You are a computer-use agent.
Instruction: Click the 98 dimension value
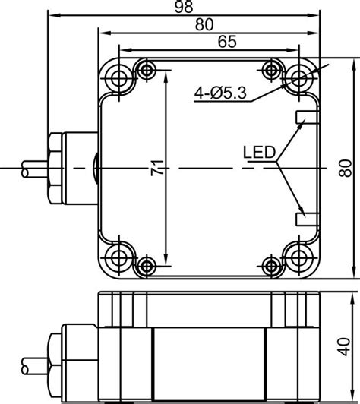[x=184, y=7]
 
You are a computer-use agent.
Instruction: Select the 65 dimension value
[x=227, y=42]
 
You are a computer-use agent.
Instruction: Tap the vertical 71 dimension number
[x=157, y=168]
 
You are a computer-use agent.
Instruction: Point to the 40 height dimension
[x=345, y=347]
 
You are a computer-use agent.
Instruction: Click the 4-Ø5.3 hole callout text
[x=220, y=93]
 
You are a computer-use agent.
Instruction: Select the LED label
[x=259, y=153]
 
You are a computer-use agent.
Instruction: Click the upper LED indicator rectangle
[x=308, y=117]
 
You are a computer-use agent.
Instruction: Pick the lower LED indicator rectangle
[x=308, y=219]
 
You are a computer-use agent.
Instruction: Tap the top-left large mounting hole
[x=119, y=77]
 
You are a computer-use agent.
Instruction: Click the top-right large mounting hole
[x=299, y=77]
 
